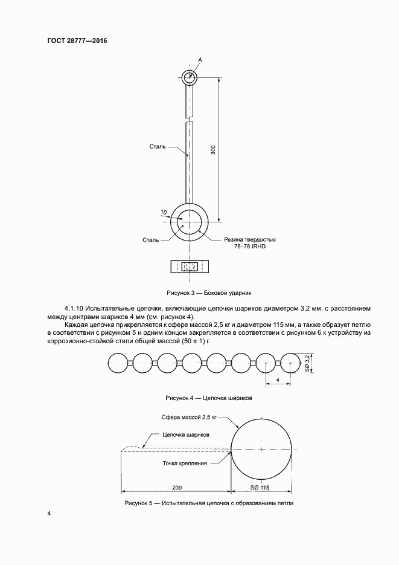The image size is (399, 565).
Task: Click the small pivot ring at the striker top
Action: coord(190,77)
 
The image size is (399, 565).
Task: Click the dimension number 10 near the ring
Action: coord(164,212)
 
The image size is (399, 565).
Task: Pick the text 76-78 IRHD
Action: coord(251,247)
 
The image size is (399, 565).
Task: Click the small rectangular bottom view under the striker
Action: coord(190,266)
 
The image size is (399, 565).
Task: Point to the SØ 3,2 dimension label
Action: coord(307,363)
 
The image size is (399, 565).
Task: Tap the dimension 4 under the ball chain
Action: coord(276,380)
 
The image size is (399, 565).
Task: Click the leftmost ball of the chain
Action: coord(118,363)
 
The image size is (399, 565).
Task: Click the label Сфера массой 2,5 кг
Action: coord(189,418)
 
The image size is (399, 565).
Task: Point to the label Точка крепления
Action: coord(185,463)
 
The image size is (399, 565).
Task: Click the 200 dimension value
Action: coord(177,487)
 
